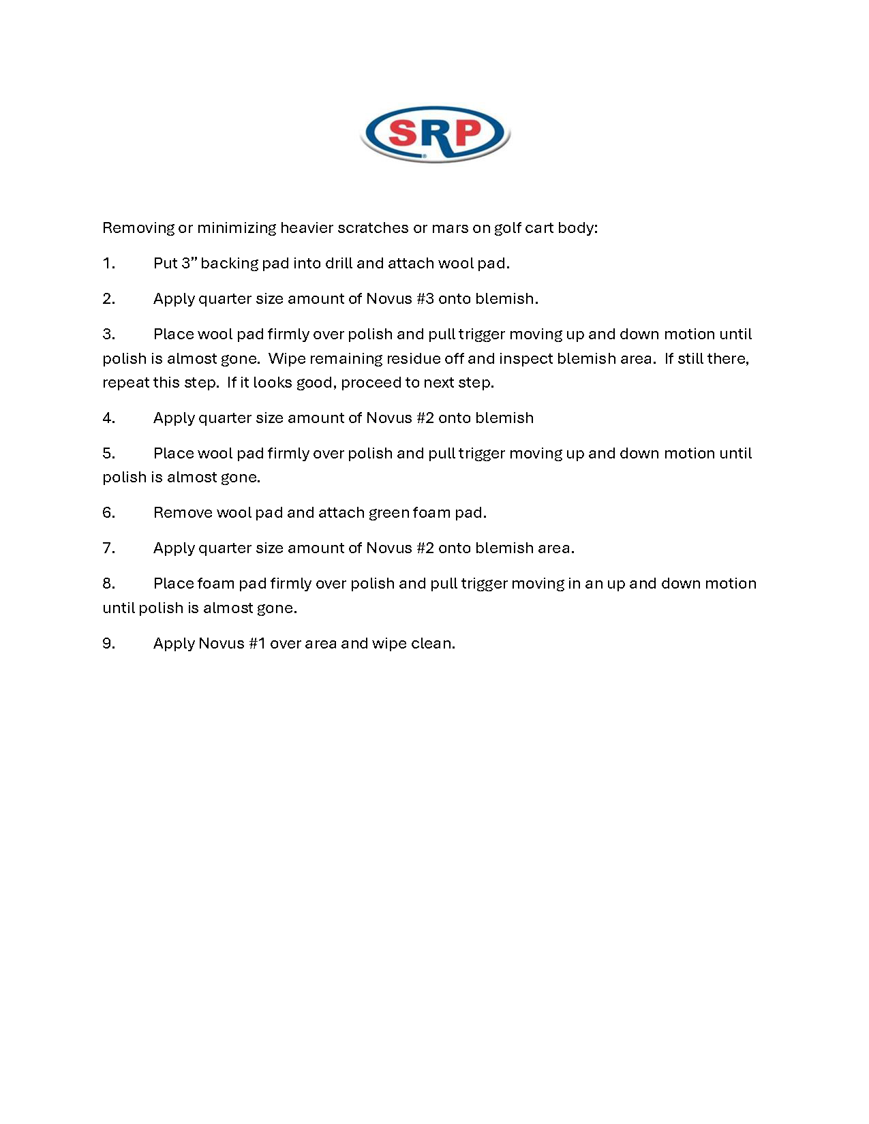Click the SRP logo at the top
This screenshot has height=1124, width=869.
(435, 134)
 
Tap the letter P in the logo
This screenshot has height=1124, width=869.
(470, 132)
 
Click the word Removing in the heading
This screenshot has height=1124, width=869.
(138, 228)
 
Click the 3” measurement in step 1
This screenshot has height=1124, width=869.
(189, 264)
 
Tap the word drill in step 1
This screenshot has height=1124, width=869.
(338, 264)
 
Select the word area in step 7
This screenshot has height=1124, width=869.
(555, 548)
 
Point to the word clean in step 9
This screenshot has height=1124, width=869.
(432, 644)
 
